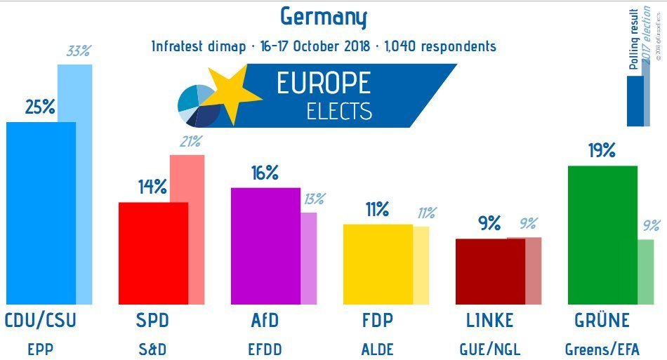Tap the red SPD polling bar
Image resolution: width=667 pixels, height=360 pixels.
click(x=153, y=253)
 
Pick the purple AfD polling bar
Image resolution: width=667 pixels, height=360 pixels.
click(x=265, y=246)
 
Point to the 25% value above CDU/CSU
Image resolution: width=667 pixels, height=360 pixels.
click(x=40, y=107)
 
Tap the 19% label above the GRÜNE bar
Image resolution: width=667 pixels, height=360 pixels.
click(x=602, y=150)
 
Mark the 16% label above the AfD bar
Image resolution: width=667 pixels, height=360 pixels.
click(x=265, y=173)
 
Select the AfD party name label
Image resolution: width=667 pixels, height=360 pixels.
click(x=265, y=321)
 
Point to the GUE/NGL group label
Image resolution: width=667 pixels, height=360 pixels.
click(x=490, y=349)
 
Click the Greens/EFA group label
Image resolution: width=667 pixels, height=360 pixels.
click(x=602, y=349)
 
